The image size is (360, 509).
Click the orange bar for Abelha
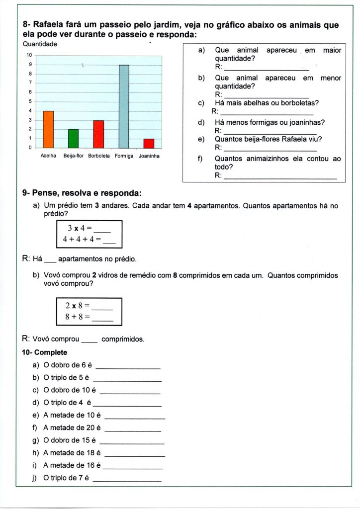click(x=48, y=129)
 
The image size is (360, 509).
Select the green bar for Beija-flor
click(x=73, y=139)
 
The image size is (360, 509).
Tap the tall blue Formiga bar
click(x=124, y=106)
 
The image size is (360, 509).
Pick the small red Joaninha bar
click(x=149, y=143)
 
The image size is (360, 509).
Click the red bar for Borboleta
click(x=98, y=134)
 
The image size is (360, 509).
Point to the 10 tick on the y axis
click(x=29, y=55)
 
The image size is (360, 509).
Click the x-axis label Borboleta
click(x=98, y=156)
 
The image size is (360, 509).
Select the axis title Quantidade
click(x=40, y=44)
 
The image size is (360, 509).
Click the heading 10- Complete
click(x=44, y=352)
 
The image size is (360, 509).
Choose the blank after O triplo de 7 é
click(x=127, y=480)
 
